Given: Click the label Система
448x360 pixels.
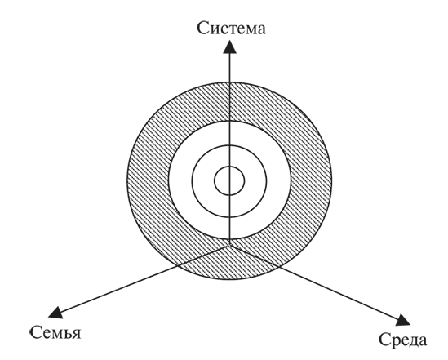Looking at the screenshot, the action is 232,29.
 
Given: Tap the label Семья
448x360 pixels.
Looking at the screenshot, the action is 55,332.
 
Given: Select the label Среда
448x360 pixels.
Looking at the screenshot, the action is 403,340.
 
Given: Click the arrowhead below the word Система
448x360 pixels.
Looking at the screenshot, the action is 230,47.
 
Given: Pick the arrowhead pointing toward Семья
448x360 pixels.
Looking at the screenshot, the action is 55,312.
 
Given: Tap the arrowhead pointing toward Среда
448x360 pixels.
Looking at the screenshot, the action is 403,320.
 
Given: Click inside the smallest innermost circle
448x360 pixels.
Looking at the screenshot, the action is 229,180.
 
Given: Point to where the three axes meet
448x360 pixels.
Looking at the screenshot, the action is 230,245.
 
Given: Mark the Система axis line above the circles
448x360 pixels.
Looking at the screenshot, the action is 230,68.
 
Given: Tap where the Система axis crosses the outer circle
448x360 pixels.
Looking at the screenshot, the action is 230,82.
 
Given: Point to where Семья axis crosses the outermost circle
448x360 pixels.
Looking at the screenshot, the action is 177,266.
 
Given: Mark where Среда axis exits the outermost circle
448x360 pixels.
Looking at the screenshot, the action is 278,266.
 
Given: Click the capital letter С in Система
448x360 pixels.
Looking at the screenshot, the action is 202,29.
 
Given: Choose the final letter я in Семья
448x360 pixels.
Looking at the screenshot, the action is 76,334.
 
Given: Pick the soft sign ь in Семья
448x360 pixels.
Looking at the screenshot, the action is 66,334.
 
